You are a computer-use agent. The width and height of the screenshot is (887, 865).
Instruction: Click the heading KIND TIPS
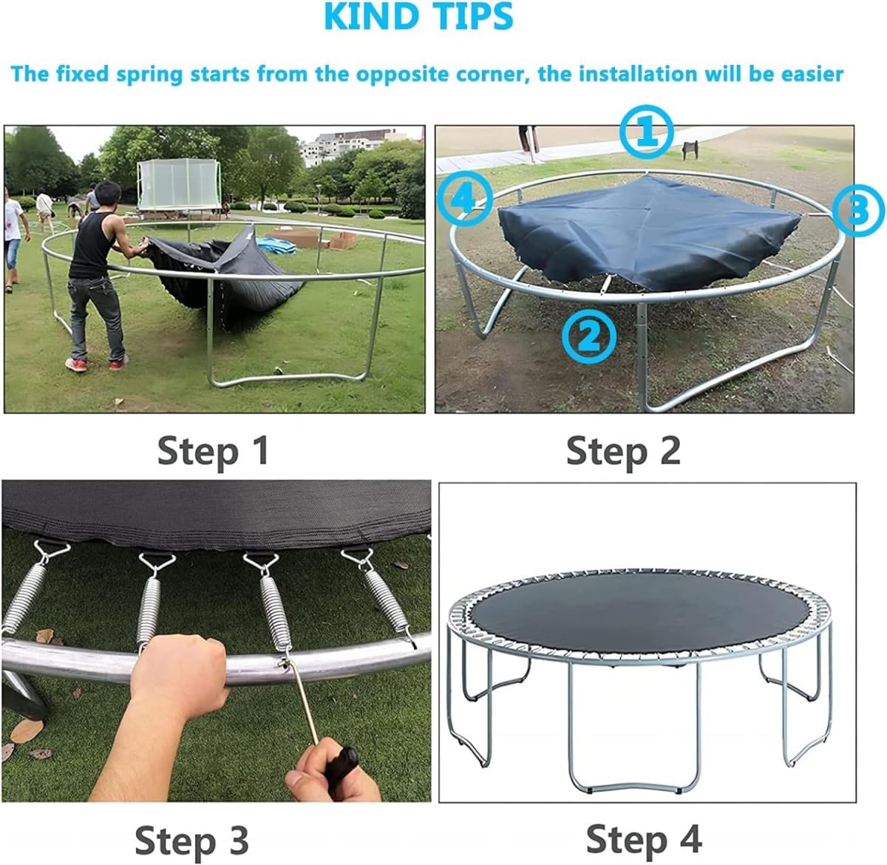(418, 16)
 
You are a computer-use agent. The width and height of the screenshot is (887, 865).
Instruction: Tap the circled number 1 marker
(646, 132)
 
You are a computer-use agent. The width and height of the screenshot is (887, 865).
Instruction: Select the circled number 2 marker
(589, 336)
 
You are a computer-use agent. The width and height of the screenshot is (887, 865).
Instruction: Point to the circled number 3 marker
(858, 210)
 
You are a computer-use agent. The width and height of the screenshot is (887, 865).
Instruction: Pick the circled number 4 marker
(465, 199)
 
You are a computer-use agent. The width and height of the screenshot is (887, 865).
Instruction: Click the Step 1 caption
(213, 451)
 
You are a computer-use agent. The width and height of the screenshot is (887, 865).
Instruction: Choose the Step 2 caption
(623, 451)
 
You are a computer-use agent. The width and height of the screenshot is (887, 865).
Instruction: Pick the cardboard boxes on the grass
(314, 239)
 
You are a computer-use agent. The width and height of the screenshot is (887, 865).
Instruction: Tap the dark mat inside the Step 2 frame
(648, 233)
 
